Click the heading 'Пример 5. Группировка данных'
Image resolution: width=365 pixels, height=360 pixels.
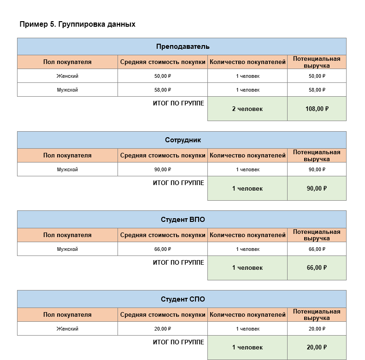coord(77,24)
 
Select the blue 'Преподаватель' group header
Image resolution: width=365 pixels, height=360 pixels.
coord(182,46)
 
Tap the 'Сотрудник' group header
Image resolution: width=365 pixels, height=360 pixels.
coord(182,140)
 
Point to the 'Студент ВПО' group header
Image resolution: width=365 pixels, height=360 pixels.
coord(182,220)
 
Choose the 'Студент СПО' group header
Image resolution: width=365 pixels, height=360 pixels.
coord(182,299)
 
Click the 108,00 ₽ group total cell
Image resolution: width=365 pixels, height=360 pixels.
coord(317,109)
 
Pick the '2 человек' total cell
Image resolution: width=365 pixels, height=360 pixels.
coord(247,109)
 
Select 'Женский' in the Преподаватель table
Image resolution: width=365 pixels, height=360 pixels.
coord(67,76)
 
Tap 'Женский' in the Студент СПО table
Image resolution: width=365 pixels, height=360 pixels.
coord(67,329)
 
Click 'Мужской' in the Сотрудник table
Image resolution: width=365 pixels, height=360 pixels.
coord(67,169)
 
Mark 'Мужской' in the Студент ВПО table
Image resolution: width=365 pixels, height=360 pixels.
coord(67,249)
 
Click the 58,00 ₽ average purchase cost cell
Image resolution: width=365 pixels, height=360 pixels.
coord(162,90)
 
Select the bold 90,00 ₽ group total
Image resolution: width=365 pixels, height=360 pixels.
coord(317,188)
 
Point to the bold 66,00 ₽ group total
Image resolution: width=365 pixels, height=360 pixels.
coord(317,267)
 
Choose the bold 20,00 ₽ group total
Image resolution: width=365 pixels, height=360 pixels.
coord(317,348)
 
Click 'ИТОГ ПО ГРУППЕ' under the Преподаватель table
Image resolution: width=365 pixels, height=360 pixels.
coord(178,104)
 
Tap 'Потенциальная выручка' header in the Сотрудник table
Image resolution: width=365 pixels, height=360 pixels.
coord(317,156)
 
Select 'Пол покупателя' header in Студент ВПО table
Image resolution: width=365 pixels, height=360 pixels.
coord(67,235)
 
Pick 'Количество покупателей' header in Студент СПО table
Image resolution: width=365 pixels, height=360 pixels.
coord(247,315)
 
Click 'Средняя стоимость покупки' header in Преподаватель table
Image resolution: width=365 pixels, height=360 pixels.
coord(162,62)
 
